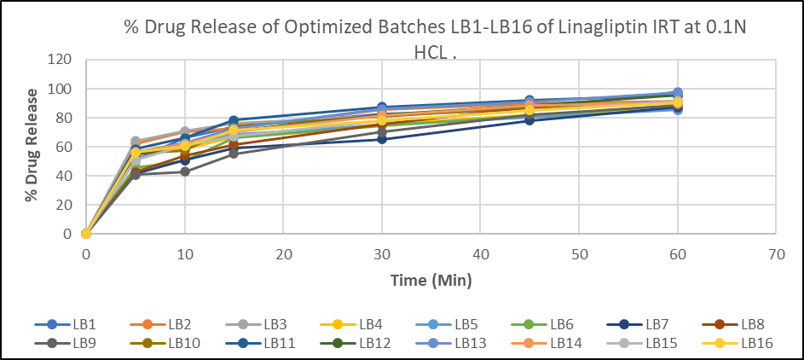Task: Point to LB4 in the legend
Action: [358, 324]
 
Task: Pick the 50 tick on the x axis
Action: [579, 254]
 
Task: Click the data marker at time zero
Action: [86, 234]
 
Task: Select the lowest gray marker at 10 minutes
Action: [185, 171]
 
